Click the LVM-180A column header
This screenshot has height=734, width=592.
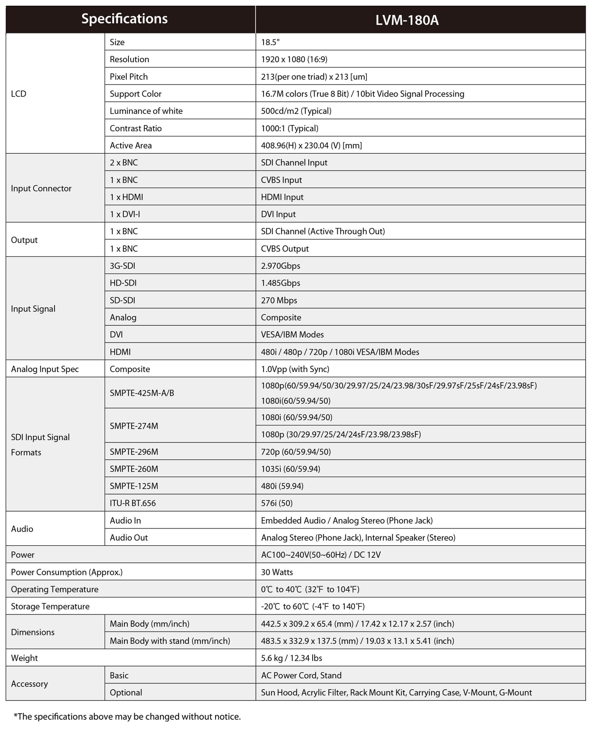(x=407, y=20)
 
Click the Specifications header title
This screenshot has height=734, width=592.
(x=124, y=18)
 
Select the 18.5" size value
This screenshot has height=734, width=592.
(x=270, y=42)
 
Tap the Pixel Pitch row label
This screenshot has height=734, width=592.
(x=129, y=77)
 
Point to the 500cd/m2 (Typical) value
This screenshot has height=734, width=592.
(x=296, y=111)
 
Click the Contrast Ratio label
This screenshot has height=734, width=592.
(x=135, y=128)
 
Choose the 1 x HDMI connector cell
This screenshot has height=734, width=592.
(x=126, y=197)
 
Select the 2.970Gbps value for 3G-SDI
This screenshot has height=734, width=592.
(x=280, y=266)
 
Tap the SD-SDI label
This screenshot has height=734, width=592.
(x=122, y=300)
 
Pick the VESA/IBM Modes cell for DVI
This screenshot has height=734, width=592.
(x=292, y=334)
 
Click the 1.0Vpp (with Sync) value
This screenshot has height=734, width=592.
(x=295, y=369)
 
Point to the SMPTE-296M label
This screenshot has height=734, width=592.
(x=134, y=452)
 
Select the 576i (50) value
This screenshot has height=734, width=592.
(x=276, y=503)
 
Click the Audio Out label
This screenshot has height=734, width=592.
(x=129, y=537)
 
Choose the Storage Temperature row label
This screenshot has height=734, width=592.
(x=50, y=606)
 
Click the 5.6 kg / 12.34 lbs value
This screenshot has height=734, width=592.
(x=291, y=658)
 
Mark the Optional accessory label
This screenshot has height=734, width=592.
(x=126, y=692)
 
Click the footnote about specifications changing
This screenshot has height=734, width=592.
(x=127, y=716)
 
